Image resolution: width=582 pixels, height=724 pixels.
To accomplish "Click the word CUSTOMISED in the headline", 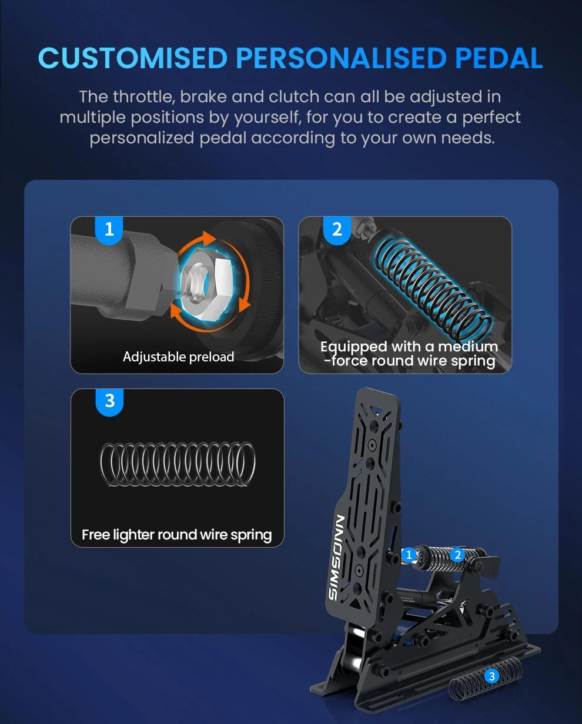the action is [x=133, y=58].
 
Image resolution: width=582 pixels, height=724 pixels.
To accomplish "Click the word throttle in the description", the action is [x=143, y=97].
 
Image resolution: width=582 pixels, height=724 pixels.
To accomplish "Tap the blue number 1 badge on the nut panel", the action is [x=109, y=230].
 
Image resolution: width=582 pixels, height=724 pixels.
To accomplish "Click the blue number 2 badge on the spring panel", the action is [x=337, y=230].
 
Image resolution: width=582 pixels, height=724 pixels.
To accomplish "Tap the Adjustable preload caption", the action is [x=178, y=357].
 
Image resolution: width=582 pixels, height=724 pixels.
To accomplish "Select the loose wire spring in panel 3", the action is [x=178, y=464].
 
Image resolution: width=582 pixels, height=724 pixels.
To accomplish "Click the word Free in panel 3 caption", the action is [x=96, y=535].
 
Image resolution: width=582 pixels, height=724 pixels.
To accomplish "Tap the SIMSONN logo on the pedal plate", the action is [x=337, y=557].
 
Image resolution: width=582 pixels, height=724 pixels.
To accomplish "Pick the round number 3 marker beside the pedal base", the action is [x=492, y=676].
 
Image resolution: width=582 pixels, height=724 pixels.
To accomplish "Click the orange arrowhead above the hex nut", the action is [x=208, y=238].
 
